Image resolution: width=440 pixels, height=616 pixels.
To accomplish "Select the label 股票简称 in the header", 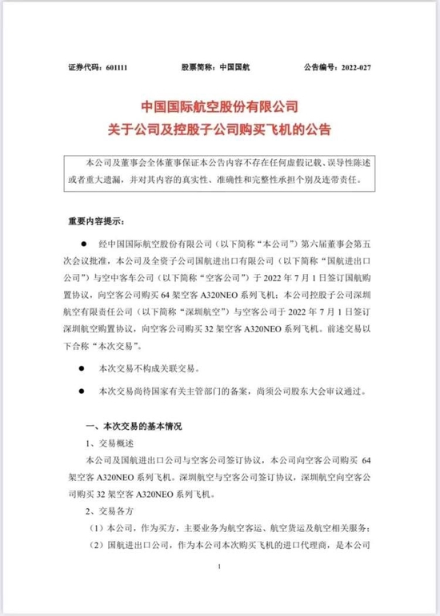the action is tap(199, 70).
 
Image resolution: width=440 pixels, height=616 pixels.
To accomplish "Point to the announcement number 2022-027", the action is tap(358, 70).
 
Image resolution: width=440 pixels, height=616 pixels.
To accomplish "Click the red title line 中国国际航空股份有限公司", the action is tap(218, 107).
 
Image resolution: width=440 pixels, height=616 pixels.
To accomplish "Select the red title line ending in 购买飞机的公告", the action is tap(218, 128).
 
